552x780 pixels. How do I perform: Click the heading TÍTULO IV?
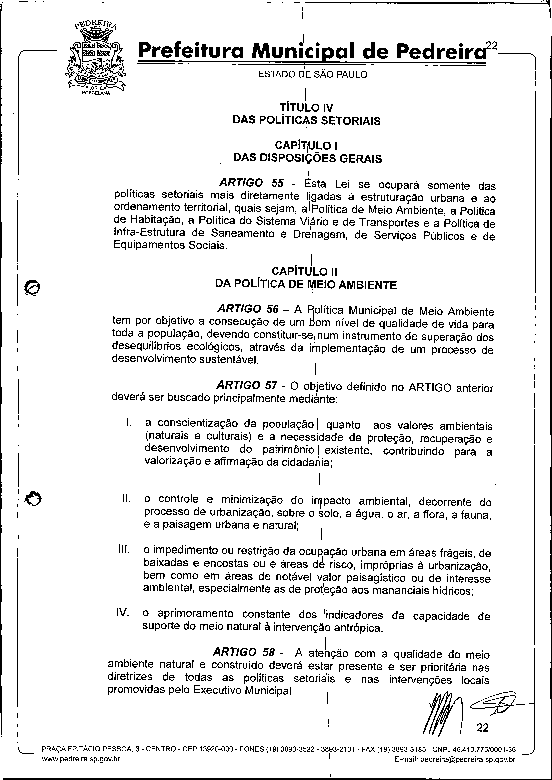(x=306, y=108)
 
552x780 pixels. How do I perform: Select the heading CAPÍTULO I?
(x=306, y=145)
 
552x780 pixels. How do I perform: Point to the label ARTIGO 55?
(x=251, y=183)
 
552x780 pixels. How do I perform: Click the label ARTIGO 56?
(x=248, y=309)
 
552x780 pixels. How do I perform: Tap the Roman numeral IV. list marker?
(x=123, y=612)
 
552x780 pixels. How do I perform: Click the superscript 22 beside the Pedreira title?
(x=491, y=45)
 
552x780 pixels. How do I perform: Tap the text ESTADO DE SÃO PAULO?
(x=313, y=74)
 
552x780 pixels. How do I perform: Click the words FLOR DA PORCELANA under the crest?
(x=96, y=91)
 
